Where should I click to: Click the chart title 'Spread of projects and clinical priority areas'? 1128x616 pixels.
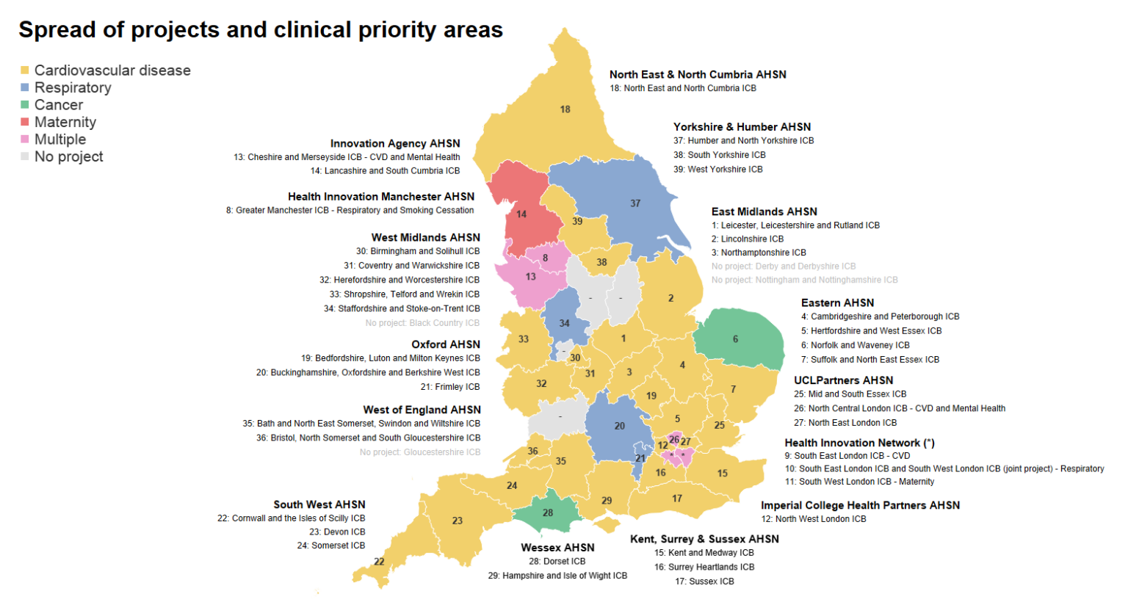[261, 29]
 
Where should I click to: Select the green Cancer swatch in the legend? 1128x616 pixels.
[25, 105]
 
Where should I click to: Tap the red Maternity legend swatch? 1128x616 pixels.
[25, 122]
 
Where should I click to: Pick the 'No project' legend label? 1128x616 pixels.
[68, 156]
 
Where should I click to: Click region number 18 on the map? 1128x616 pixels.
[565, 109]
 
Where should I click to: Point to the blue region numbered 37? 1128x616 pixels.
[635, 203]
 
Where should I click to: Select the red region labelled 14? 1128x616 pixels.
[521, 214]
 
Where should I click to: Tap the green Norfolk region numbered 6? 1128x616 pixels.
[735, 339]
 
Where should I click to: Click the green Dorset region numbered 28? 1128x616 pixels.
[548, 512]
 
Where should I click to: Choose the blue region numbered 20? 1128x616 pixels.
[620, 426]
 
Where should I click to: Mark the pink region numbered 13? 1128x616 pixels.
[530, 277]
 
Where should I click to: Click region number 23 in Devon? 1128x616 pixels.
[458, 521]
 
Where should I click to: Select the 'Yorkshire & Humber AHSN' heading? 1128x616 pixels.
[742, 127]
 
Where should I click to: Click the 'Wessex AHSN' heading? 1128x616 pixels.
[557, 548]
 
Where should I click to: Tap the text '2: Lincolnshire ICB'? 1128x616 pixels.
[747, 239]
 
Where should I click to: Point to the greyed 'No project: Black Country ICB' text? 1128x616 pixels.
[422, 323]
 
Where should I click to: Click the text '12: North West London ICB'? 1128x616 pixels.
[813, 519]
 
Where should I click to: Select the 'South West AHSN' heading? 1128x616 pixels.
[319, 504]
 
